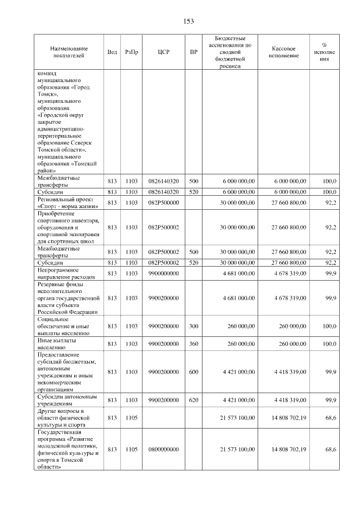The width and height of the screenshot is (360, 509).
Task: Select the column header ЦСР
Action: click(164, 52)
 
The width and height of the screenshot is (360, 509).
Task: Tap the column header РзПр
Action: click(132, 52)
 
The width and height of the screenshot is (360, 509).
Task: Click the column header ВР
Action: click(193, 52)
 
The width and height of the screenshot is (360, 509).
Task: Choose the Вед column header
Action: click(112, 52)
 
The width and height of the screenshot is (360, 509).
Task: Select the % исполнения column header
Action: click(325, 52)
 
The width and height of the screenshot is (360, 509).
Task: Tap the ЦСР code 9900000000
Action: click(164, 273)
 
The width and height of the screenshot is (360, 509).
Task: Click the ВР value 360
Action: click(193, 344)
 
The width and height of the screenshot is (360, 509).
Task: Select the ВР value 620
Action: click(193, 400)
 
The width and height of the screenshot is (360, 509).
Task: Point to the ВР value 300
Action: click(193, 326)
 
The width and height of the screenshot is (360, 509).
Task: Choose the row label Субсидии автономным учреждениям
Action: click(67, 400)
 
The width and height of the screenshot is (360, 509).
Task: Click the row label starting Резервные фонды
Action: click(67, 298)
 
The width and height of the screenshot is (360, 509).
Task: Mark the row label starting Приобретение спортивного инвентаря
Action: click(68, 227)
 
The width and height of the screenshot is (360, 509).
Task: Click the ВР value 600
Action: click(193, 372)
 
